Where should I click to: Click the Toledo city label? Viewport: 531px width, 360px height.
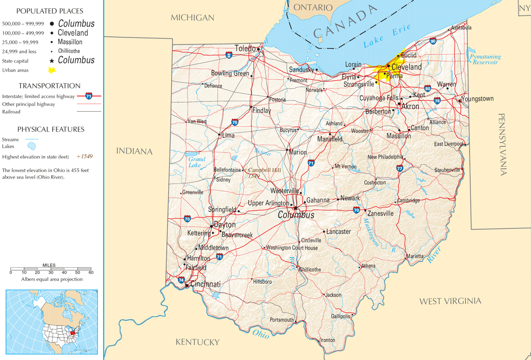[245, 48]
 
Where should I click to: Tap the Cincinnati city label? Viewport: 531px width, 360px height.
[205, 284]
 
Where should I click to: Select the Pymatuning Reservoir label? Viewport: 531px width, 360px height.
[485, 59]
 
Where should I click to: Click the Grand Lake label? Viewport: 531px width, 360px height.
[196, 162]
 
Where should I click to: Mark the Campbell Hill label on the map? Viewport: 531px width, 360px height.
[264, 170]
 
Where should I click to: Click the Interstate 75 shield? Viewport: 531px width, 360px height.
[235, 122]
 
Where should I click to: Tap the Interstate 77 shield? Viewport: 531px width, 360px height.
[400, 168]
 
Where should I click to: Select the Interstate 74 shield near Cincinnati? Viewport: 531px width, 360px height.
[181, 280]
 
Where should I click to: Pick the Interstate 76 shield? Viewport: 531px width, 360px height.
[437, 101]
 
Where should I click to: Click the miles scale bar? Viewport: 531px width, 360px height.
[50, 269]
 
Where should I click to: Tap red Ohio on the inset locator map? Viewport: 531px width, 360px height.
[73, 331]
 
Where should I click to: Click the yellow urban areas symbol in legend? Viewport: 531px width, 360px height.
[52, 70]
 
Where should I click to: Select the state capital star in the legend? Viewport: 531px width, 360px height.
[52, 61]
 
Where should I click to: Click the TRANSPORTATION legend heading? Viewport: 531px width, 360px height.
[50, 86]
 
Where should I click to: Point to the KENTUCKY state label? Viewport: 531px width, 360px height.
[197, 342]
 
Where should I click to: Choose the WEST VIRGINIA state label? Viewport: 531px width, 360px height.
[450, 301]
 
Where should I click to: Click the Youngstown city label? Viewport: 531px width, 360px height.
[477, 99]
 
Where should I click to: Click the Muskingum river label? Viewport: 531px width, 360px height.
[371, 232]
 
